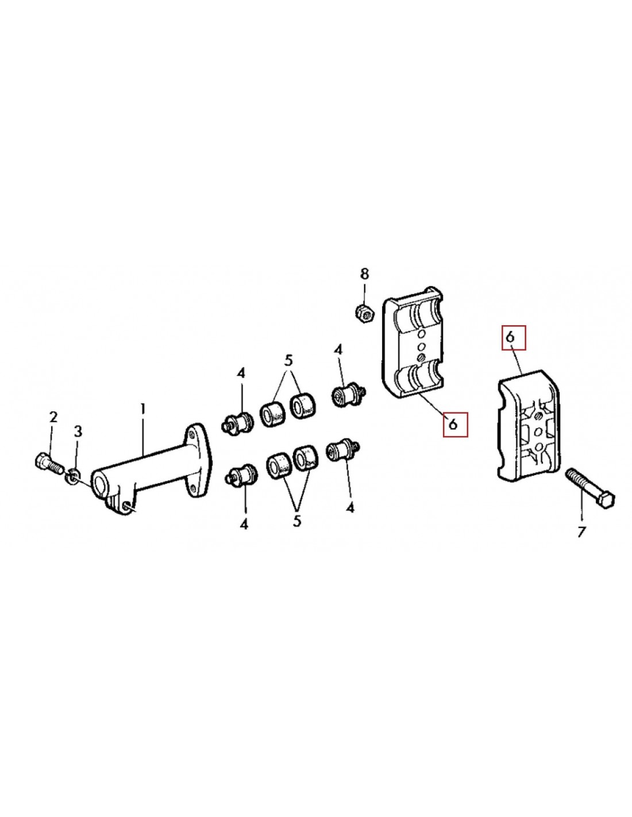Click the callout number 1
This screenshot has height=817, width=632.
[142, 410]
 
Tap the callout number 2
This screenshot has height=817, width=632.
[53, 417]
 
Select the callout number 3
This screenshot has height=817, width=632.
[78, 432]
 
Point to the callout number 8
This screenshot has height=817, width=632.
[365, 274]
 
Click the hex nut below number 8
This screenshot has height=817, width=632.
[364, 311]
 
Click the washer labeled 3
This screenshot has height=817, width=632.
[72, 478]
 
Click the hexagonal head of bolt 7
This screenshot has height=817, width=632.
[607, 499]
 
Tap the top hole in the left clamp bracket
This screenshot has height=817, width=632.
[422, 334]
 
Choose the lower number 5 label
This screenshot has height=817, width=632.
[297, 521]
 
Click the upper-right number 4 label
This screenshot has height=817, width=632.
[338, 350]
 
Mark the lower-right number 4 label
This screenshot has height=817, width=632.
[350, 508]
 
